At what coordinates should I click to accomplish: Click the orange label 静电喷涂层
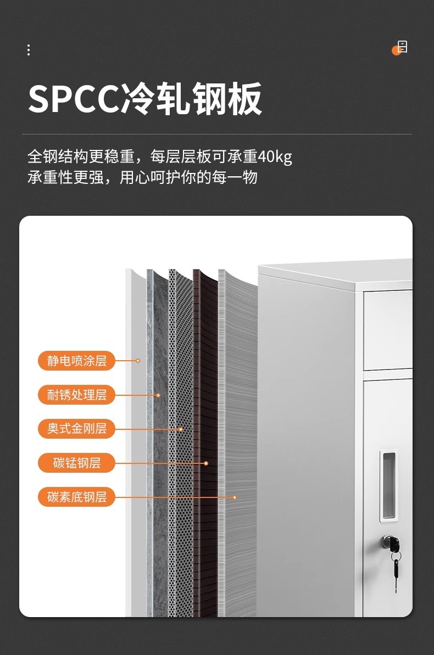pyautogui.click(x=76, y=361)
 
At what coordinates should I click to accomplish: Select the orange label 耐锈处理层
pyautogui.click(x=76, y=395)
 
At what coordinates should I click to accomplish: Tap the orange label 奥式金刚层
pyautogui.click(x=76, y=429)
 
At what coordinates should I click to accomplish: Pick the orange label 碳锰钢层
pyautogui.click(x=76, y=463)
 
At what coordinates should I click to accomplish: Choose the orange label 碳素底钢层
pyautogui.click(x=76, y=497)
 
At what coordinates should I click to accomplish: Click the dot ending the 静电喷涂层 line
pyautogui.click(x=138, y=361)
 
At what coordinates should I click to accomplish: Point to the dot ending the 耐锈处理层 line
pyautogui.click(x=158, y=395)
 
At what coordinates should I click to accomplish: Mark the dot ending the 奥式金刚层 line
pyautogui.click(x=180, y=429)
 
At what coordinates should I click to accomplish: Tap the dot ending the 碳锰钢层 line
pyautogui.click(x=206, y=463)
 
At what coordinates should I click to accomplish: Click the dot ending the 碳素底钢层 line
pyautogui.click(x=235, y=497)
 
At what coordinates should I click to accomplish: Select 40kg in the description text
pyautogui.click(x=275, y=157)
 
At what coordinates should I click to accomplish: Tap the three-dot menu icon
pyautogui.click(x=29, y=50)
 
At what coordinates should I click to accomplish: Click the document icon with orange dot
pyautogui.click(x=401, y=48)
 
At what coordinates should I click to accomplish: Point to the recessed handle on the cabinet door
pyautogui.click(x=388, y=486)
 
